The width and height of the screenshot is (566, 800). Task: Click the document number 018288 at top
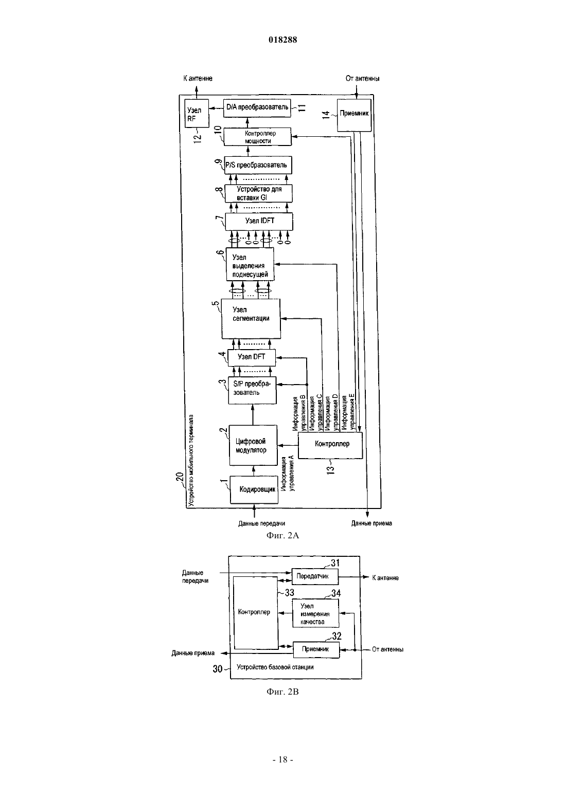282,40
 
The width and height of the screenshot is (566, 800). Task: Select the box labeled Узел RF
197,113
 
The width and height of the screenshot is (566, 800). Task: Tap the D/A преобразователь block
257,108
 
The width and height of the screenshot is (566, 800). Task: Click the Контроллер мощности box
258,137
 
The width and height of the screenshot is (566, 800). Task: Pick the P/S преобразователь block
258,165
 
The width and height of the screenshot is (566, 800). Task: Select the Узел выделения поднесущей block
250,264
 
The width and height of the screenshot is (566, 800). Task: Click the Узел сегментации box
251,319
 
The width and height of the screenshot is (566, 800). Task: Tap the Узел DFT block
252,357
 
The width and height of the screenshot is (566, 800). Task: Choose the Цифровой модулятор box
253,445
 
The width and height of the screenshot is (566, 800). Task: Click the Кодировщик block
254,489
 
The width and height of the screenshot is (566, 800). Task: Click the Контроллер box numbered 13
330,445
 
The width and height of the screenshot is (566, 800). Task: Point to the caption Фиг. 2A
282,535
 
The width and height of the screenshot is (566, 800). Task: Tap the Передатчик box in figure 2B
315,576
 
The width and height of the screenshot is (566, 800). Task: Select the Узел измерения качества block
315,613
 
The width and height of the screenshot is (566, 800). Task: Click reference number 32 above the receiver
337,635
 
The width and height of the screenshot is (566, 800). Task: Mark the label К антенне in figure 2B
385,578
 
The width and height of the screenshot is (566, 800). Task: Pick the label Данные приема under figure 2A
372,523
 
